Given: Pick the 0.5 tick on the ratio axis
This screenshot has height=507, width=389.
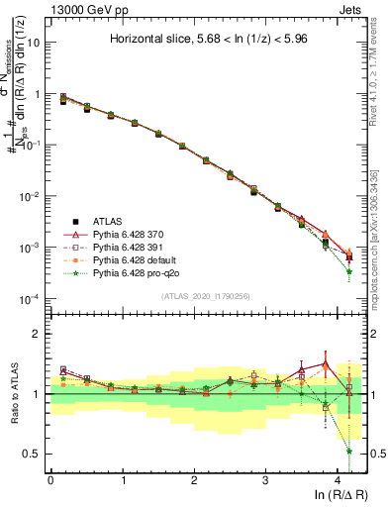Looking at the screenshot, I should [33, 454].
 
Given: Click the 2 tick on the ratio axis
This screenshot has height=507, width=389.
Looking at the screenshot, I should [37, 334].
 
